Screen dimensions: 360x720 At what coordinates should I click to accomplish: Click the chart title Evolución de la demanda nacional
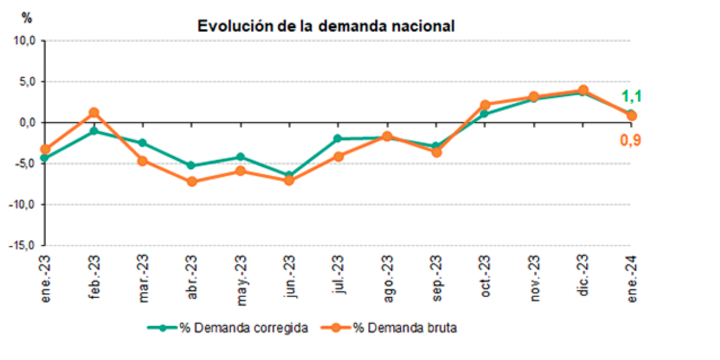click(x=326, y=26)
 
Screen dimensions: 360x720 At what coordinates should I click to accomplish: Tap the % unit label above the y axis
click(x=27, y=18)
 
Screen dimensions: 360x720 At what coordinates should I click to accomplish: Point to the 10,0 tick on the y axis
click(x=26, y=41)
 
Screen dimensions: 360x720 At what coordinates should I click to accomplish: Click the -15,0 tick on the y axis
click(x=24, y=245)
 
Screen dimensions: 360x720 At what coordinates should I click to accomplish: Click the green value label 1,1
click(x=631, y=96)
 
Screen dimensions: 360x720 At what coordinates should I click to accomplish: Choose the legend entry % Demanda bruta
click(x=389, y=328)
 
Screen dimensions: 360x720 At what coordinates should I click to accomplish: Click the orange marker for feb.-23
click(x=94, y=112)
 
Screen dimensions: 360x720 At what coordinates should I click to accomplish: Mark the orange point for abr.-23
click(x=191, y=182)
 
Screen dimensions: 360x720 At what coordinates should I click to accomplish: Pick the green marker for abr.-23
click(x=191, y=165)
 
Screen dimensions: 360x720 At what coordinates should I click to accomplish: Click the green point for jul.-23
click(x=338, y=138)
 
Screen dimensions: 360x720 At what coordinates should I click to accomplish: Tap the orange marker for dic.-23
click(x=583, y=90)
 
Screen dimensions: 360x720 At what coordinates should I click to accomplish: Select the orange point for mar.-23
click(x=143, y=161)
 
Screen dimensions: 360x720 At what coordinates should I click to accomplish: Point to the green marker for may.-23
click(x=240, y=157)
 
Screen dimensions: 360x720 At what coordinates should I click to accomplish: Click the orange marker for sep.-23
click(x=436, y=152)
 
